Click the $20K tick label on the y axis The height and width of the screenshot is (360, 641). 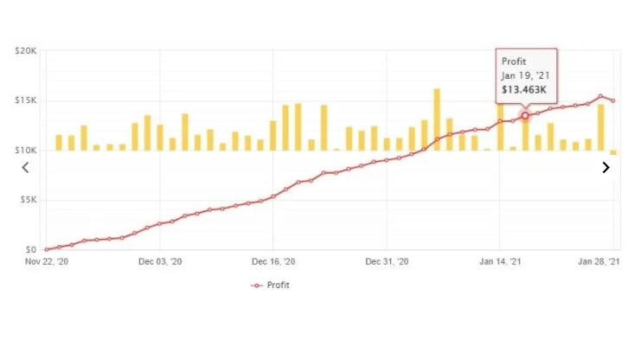[x=25, y=51]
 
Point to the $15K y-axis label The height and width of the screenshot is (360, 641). [x=25, y=100]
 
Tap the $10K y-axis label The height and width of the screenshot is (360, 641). [x=25, y=151]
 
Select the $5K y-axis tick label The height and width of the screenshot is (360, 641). [x=27, y=200]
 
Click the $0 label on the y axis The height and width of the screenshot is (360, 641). [x=30, y=249]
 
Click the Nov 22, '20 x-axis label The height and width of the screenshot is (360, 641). [x=46, y=261]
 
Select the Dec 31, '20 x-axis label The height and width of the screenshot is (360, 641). [x=387, y=261]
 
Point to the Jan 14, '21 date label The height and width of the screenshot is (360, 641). [x=500, y=261]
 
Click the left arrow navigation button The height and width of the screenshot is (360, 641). [x=25, y=168]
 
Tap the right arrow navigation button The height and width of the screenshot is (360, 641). [x=606, y=168]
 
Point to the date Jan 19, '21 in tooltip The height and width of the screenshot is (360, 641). [x=525, y=75]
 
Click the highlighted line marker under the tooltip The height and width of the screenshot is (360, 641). [x=525, y=116]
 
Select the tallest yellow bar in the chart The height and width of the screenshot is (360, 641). [x=437, y=119]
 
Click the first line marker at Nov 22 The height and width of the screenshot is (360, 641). [x=47, y=249]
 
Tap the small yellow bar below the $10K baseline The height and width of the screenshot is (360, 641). [x=613, y=152]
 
